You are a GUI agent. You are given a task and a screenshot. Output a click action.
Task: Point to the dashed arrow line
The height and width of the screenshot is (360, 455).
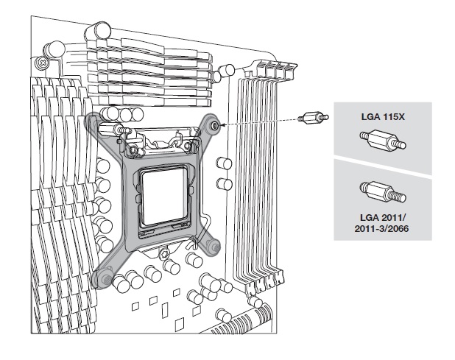tap(258, 123)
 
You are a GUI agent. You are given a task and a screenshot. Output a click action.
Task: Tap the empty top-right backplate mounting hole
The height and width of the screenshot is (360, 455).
tap(214, 126)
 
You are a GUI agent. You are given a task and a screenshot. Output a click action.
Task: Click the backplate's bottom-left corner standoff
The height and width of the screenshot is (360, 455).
tap(103, 278)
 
